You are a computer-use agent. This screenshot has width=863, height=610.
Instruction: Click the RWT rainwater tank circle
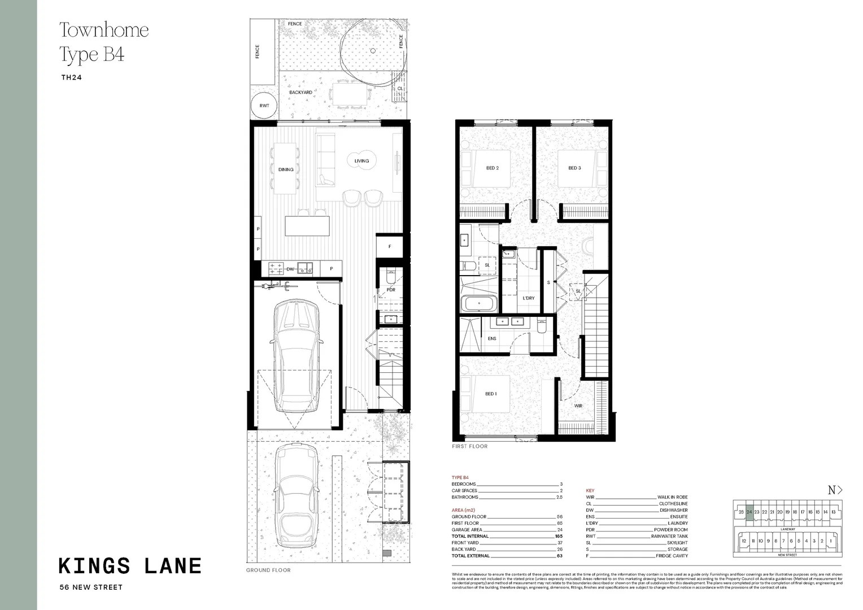tap(264, 106)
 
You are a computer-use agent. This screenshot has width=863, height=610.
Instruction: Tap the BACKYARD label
tap(300, 92)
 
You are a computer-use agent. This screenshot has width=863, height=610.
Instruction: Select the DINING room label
tap(286, 169)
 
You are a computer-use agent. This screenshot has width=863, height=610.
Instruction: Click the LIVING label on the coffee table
tap(361, 161)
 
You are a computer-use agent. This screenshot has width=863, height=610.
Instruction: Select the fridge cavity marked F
tap(390, 247)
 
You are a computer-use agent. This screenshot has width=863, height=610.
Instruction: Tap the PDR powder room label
tap(391, 290)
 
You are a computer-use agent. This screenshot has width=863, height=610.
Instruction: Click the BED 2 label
tap(492, 168)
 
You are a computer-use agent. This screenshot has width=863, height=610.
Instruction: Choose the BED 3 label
tap(574, 168)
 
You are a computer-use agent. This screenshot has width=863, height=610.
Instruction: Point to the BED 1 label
tap(491, 394)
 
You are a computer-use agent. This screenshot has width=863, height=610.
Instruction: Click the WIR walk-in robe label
tap(578, 406)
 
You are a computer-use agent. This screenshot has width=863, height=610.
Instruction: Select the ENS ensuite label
tap(491, 338)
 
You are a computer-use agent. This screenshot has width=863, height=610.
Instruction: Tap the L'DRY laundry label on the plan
tap(528, 298)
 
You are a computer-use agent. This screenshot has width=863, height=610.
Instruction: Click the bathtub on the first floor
tap(479, 304)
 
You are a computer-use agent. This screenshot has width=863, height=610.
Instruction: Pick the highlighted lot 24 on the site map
tap(749, 511)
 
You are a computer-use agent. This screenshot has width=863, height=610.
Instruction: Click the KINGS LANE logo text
tap(130, 565)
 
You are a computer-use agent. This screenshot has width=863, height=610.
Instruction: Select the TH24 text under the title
tap(71, 78)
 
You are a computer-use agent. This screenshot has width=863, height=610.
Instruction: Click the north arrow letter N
tap(831, 490)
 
